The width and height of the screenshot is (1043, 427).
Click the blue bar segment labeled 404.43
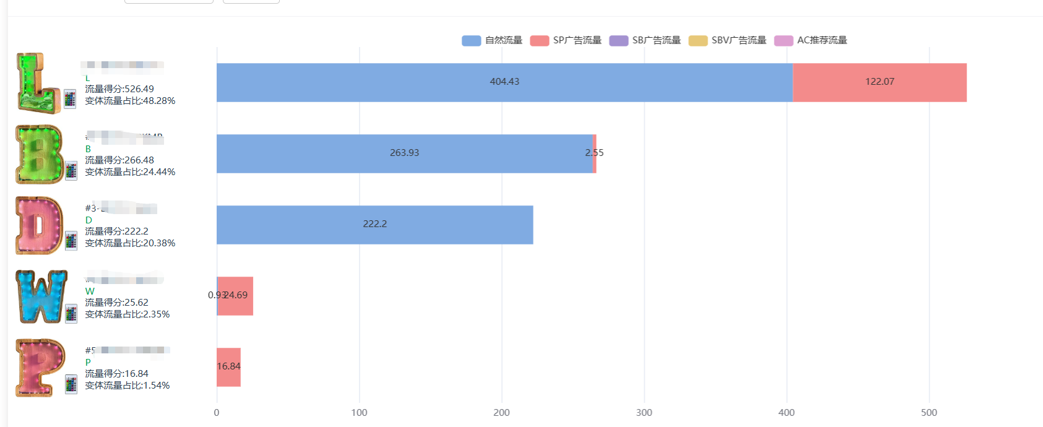504,82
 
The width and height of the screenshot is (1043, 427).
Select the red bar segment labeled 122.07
880,82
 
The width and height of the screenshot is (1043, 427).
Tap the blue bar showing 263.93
404,153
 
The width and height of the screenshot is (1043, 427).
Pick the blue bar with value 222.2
374,225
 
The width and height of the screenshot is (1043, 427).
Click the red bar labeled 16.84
228,367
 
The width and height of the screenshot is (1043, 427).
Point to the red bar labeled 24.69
236,296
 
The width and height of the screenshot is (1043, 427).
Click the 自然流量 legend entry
492,40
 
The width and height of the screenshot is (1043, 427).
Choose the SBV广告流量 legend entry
727,40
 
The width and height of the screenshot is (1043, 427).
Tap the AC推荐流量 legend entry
811,40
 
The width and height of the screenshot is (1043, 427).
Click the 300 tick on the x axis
644,413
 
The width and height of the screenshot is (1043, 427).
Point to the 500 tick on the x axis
929,413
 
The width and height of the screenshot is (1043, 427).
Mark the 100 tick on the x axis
359,413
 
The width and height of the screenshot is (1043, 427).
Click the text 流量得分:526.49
119,89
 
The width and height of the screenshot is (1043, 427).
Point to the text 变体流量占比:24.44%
130,172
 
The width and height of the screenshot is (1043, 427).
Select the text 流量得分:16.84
116,374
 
